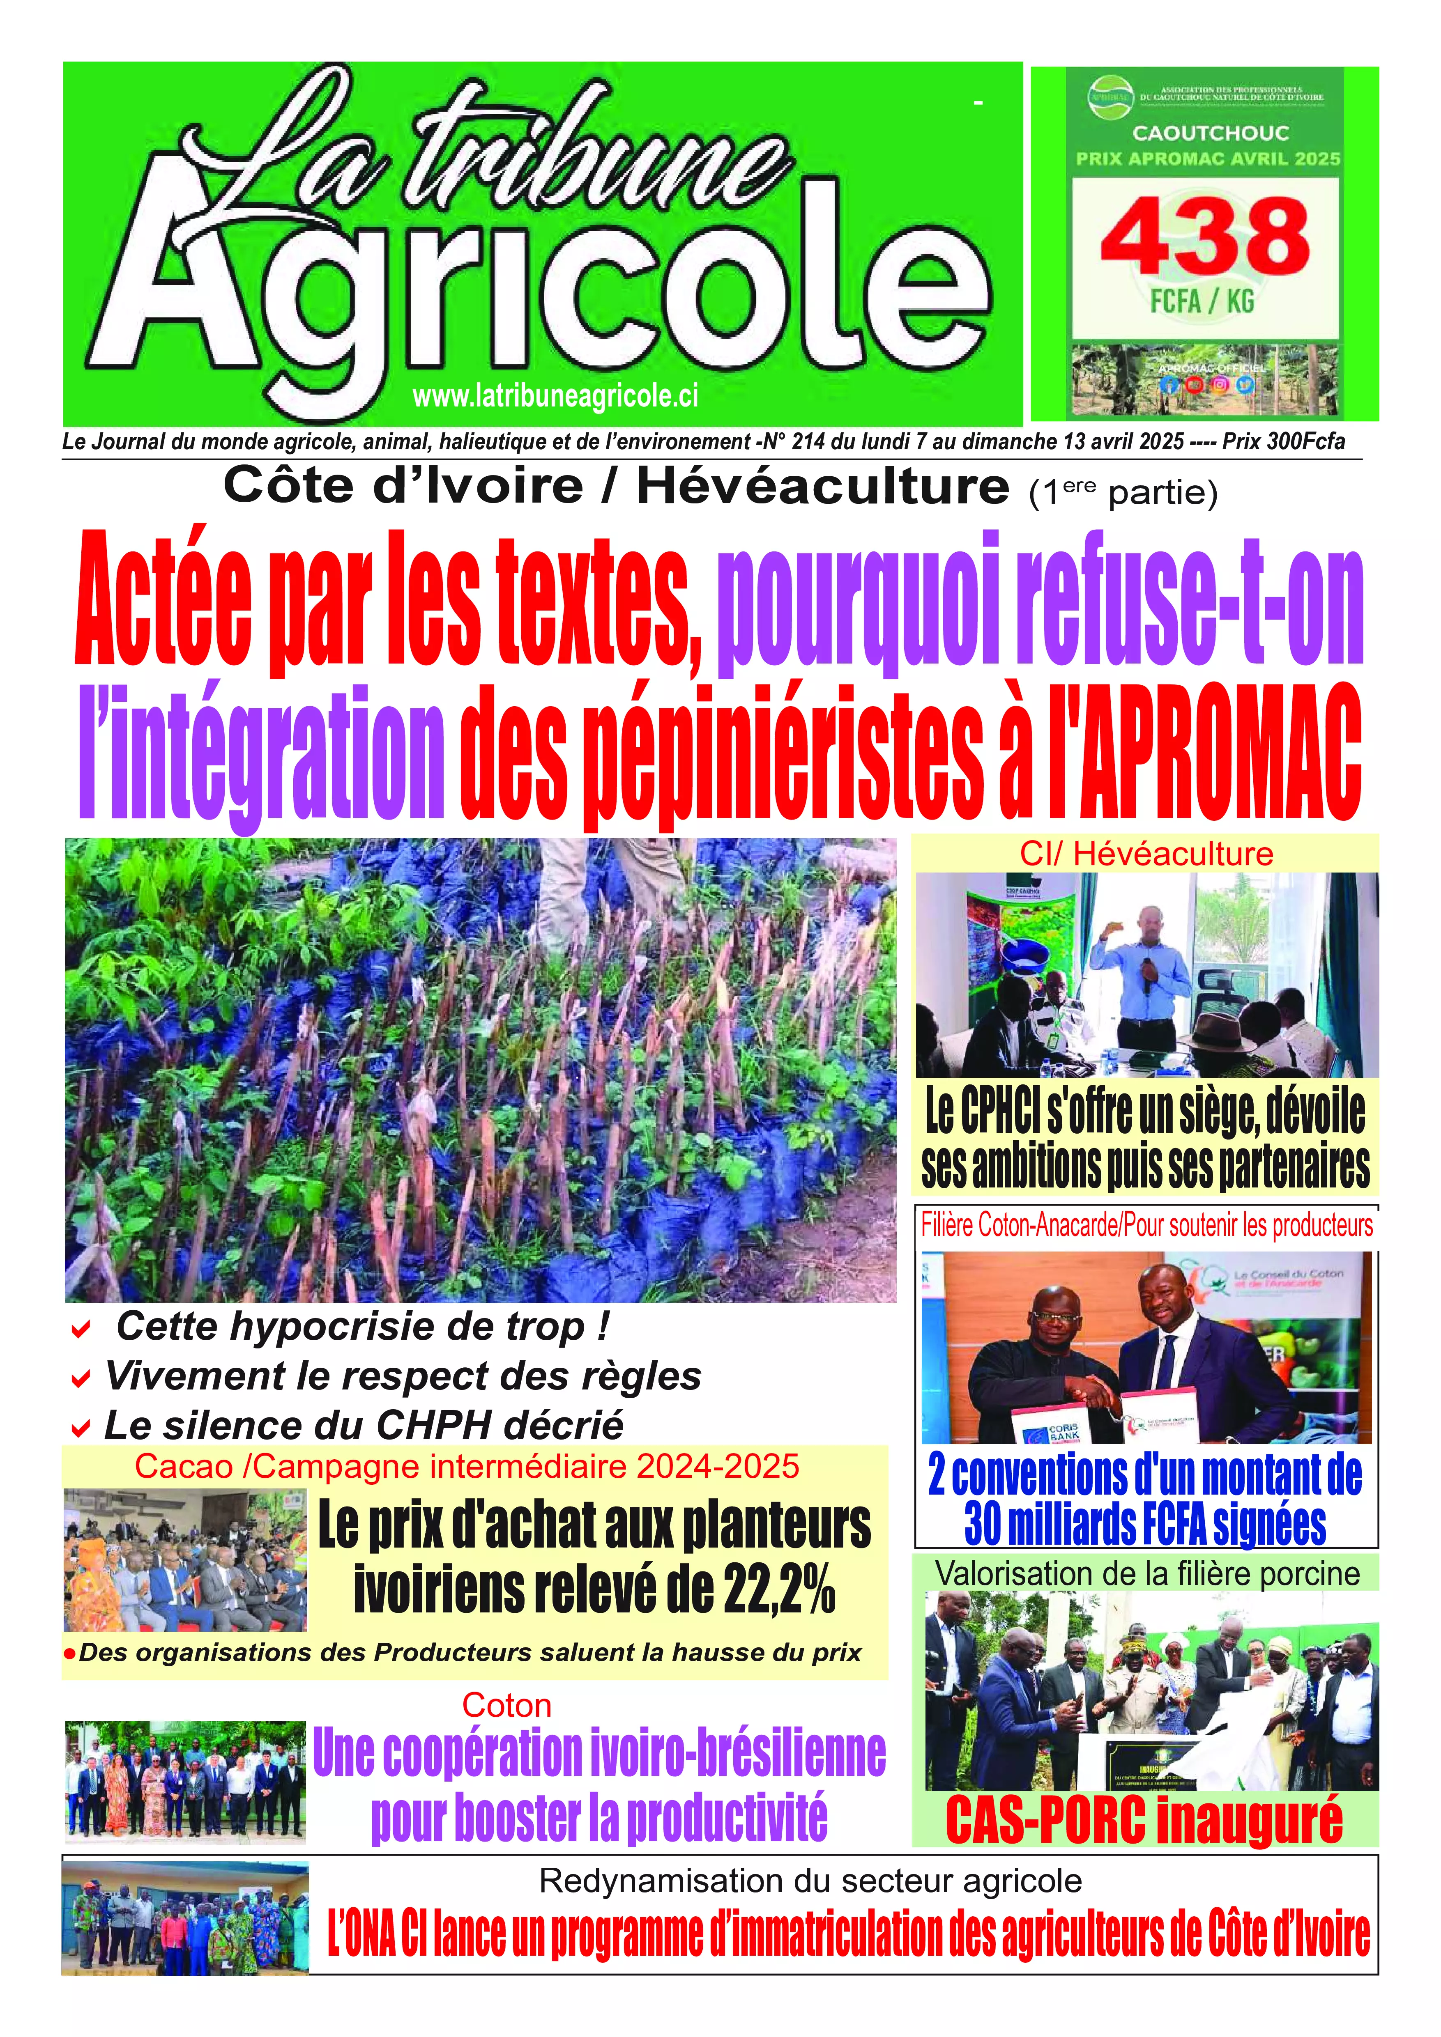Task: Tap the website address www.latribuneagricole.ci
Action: coord(555,397)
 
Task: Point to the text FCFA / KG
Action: coord(1202,302)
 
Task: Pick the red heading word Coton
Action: coord(506,1705)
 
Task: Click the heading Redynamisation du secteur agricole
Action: coord(810,1881)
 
